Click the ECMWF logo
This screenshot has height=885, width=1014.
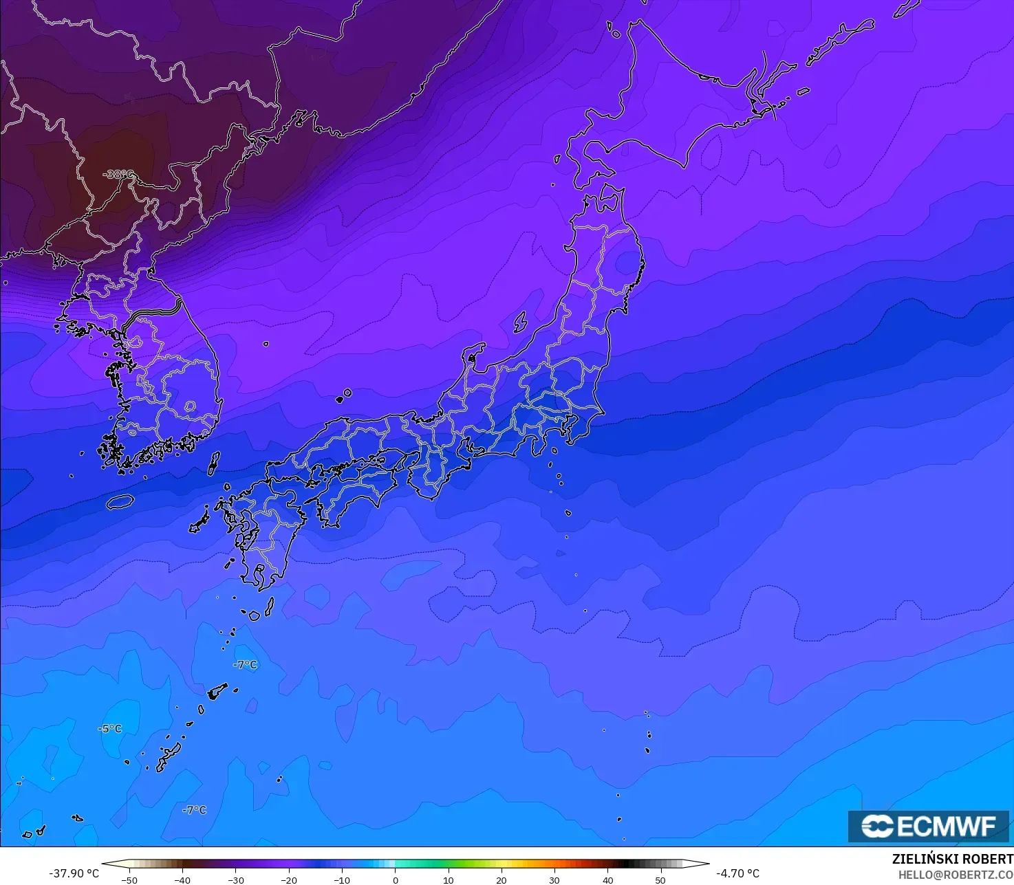click(x=928, y=826)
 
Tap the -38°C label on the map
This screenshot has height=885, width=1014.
click(x=118, y=174)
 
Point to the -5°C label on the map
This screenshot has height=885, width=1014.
click(x=109, y=728)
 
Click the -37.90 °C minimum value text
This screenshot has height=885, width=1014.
click(x=74, y=873)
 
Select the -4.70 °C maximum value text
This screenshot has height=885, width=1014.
click(x=738, y=873)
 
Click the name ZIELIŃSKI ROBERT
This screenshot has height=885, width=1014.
click(x=952, y=860)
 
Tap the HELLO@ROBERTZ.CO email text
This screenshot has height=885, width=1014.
click(x=956, y=875)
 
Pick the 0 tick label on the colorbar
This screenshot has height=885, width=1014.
click(x=396, y=880)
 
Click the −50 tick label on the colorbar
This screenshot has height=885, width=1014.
click(x=129, y=880)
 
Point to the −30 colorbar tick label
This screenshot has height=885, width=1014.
click(x=235, y=880)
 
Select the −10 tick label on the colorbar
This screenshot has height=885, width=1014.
click(x=342, y=880)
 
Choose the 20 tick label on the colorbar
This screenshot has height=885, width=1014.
click(x=501, y=880)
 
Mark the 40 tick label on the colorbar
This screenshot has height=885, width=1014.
click(x=608, y=880)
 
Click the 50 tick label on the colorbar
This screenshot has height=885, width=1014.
click(x=661, y=880)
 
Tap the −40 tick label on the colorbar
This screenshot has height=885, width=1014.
click(x=182, y=880)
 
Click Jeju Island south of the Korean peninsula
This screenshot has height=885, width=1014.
click(x=120, y=502)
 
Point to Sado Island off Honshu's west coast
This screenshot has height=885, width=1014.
click(x=520, y=321)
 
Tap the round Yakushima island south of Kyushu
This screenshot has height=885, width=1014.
click(x=254, y=615)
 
